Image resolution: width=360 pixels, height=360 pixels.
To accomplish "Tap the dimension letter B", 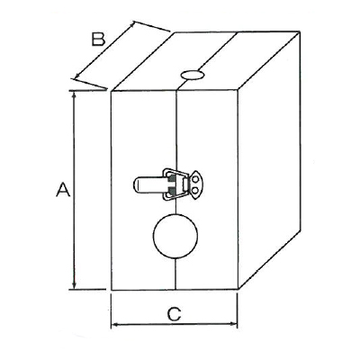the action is pyautogui.click(x=98, y=39).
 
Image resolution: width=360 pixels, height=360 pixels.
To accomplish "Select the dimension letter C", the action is pyautogui.click(x=175, y=314).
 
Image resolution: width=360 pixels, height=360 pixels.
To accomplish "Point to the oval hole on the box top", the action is pyautogui.click(x=193, y=75).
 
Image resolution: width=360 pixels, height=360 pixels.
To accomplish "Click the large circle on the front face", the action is pyautogui.click(x=175, y=236).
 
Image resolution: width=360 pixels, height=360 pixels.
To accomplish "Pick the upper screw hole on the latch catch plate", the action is pyautogui.click(x=195, y=180).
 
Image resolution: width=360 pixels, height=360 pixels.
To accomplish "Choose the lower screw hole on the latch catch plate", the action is pyautogui.click(x=195, y=190).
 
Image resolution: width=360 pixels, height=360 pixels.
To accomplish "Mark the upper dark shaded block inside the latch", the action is pyautogui.click(x=172, y=180).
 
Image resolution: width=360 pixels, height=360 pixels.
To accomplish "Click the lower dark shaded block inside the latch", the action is pyautogui.click(x=172, y=190).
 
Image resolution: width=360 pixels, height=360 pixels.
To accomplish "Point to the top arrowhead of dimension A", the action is pyautogui.click(x=74, y=94).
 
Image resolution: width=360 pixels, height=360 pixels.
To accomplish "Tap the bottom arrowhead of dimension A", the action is pyautogui.click(x=74, y=284).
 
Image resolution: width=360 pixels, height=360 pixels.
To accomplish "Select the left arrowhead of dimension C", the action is pyautogui.click(x=115, y=324).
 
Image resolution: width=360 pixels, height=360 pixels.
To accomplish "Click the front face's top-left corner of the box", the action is pyautogui.click(x=112, y=91).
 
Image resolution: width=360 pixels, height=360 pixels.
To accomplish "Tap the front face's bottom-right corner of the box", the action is pyautogui.click(x=238, y=290).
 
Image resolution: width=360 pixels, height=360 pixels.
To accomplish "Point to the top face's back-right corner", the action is pyautogui.click(x=300, y=31).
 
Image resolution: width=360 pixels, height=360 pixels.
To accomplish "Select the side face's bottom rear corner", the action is pyautogui.click(x=301, y=230).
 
